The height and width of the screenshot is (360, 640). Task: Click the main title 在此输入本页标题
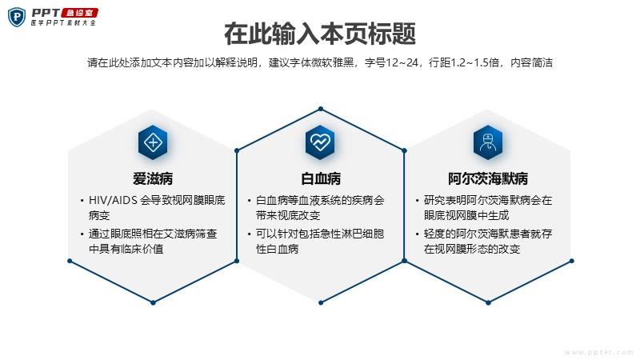[320, 34]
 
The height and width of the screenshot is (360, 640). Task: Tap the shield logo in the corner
[17, 17]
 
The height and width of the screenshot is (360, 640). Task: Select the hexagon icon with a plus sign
[153, 142]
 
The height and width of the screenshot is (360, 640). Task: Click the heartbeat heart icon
[321, 142]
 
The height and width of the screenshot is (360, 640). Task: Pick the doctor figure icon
[488, 142]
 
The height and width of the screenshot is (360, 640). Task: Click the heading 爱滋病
[153, 178]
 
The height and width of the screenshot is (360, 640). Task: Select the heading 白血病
[321, 178]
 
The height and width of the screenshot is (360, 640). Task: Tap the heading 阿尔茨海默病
[488, 178]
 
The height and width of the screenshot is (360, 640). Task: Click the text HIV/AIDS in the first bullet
[113, 200]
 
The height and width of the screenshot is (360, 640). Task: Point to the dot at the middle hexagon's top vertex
[321, 109]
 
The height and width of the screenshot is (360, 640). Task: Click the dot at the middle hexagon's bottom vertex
[321, 303]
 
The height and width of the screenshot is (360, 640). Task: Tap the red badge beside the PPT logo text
[79, 13]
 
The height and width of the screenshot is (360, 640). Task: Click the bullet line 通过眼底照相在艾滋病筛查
[153, 234]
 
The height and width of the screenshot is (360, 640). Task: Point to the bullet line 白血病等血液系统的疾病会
[320, 201]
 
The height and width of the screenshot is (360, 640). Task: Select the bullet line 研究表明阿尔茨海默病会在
[488, 201]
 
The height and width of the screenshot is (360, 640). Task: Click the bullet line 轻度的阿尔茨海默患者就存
[488, 234]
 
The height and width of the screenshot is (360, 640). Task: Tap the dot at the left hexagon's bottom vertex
[153, 303]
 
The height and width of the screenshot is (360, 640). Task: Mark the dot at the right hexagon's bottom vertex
[489, 303]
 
